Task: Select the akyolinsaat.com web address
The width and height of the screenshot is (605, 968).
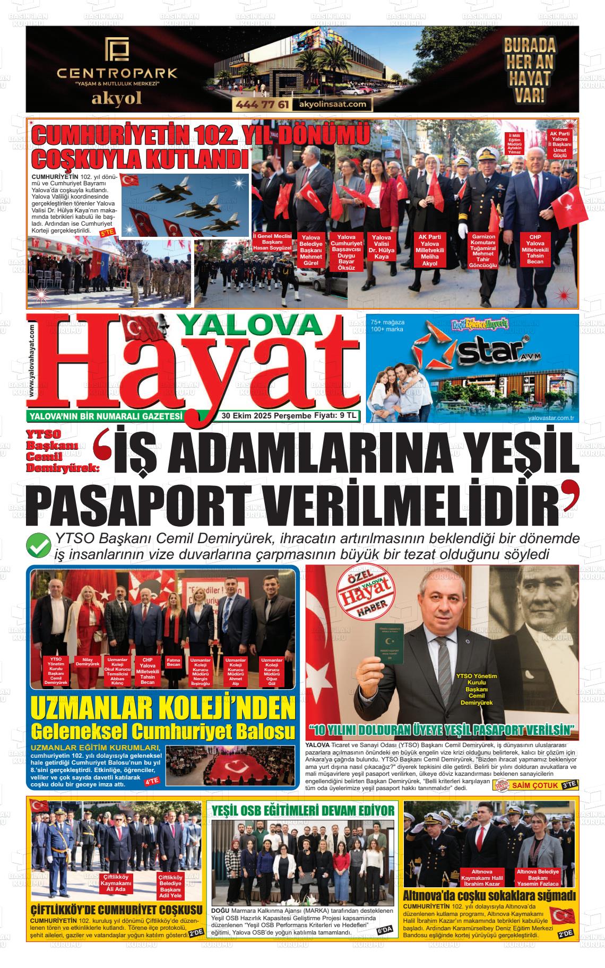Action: coord(333,105)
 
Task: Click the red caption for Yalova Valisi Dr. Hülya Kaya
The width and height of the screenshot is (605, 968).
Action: coord(381,247)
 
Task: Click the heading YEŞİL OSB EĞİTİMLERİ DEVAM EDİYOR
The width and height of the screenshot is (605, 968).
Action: coord(303,810)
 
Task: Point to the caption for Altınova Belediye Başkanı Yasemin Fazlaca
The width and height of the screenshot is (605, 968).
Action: coord(538,878)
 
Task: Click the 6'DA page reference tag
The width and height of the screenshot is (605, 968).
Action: coord(384,930)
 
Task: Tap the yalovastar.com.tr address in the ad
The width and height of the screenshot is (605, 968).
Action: coord(551,418)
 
